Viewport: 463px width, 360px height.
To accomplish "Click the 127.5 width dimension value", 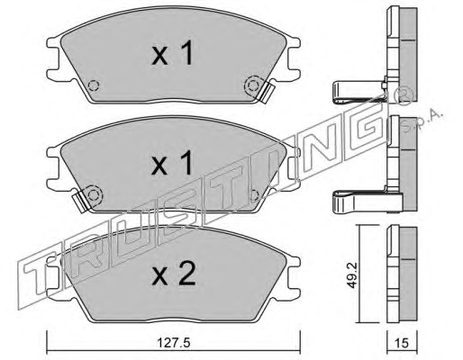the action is (174, 343).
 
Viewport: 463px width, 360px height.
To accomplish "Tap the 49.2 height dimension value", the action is (351, 275).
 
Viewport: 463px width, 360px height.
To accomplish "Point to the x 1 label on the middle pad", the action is (172, 163).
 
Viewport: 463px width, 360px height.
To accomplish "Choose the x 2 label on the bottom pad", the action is (174, 274).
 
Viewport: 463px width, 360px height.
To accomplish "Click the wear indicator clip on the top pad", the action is (267, 93).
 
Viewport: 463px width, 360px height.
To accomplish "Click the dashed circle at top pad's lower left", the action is (94, 86).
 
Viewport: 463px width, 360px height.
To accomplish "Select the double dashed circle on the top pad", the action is (253, 85).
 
